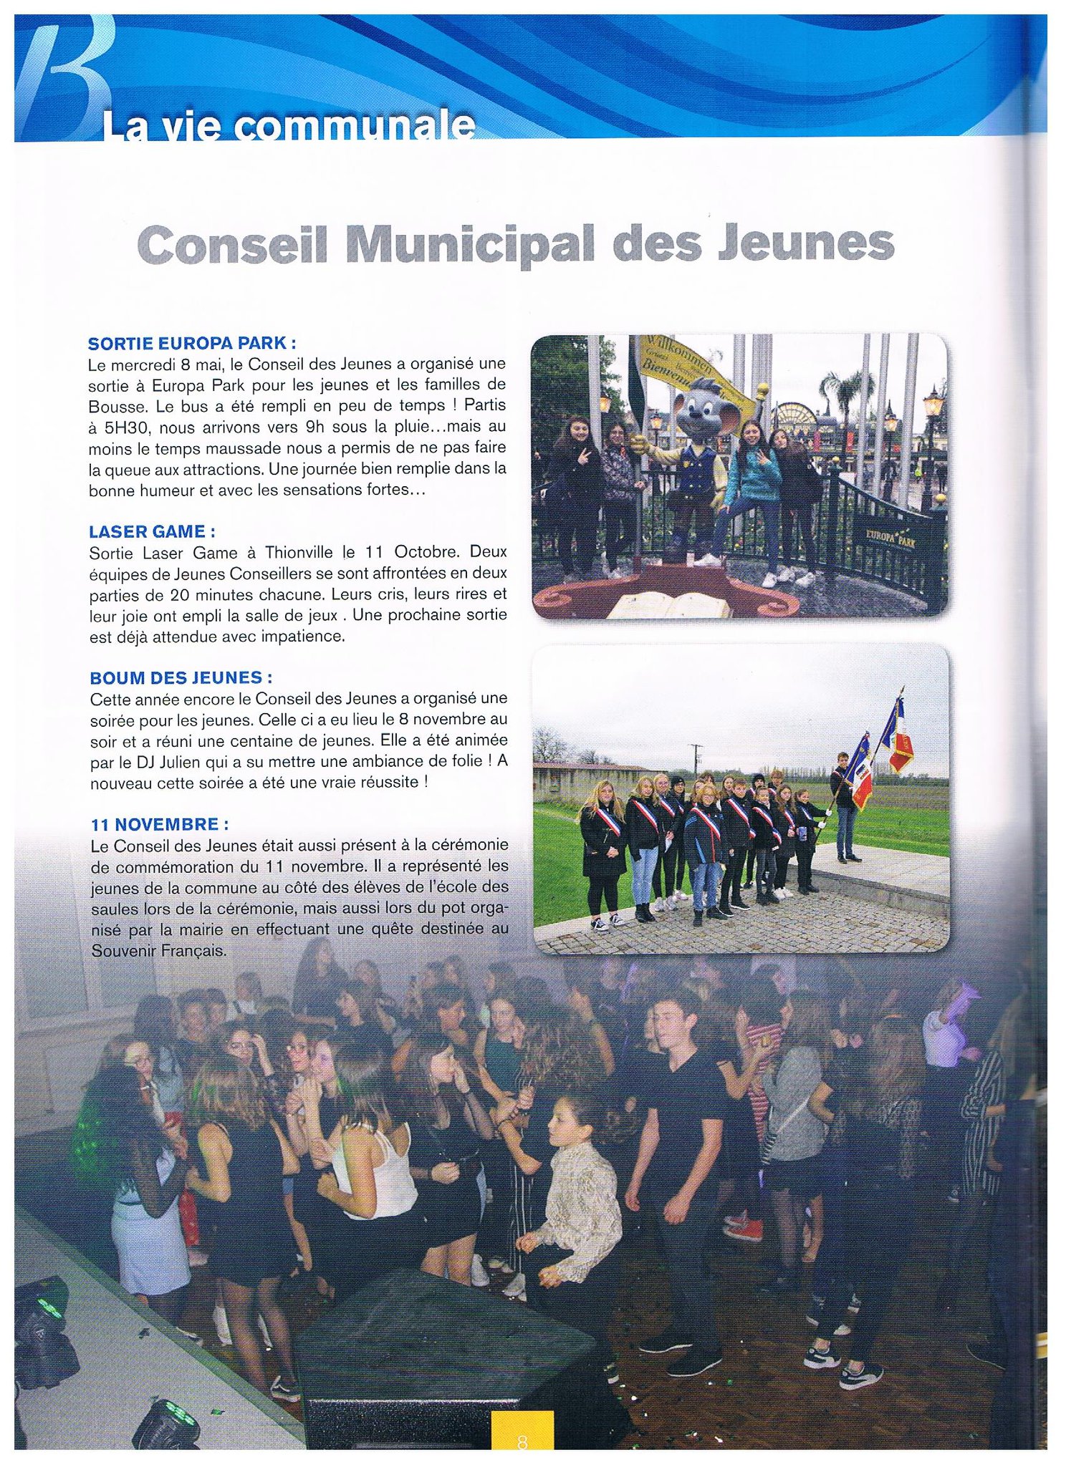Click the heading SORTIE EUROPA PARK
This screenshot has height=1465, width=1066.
click(x=191, y=342)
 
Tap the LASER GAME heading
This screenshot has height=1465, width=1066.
click(x=152, y=531)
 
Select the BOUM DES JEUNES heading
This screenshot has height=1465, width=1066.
click(x=181, y=677)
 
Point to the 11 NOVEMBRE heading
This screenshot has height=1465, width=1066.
click(x=160, y=824)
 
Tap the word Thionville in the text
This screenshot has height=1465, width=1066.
click(x=299, y=552)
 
